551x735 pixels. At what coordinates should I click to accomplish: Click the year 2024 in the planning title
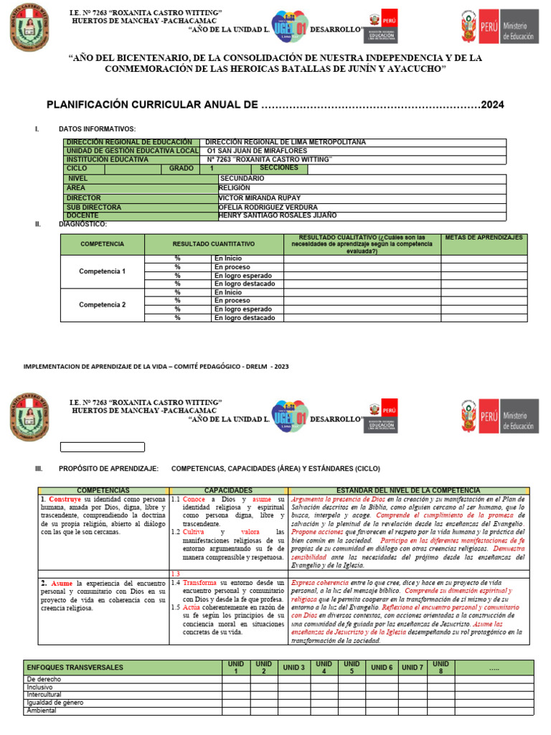[x=492, y=105]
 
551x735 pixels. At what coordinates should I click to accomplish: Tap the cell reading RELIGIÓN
[x=235, y=188]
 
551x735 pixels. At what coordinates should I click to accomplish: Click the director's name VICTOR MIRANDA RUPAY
[x=259, y=197]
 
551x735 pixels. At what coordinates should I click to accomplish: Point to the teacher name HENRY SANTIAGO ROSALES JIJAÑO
[x=277, y=215]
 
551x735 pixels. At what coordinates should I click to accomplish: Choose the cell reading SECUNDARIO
[x=242, y=178]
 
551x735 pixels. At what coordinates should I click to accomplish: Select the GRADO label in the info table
[x=182, y=168]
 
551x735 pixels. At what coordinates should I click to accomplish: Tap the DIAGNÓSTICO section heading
[x=83, y=225]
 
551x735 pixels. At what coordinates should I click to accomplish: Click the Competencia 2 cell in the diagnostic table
[x=102, y=305]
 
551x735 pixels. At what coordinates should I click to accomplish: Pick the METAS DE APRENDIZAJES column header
[x=484, y=238]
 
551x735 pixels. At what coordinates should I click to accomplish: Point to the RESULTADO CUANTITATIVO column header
[x=213, y=245]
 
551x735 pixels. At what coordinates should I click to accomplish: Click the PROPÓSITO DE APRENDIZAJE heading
[x=108, y=468]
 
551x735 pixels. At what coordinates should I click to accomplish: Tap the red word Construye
[x=65, y=499]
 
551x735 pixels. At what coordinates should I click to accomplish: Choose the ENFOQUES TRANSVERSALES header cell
[x=75, y=668]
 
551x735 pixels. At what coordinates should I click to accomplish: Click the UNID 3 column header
[x=293, y=668]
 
